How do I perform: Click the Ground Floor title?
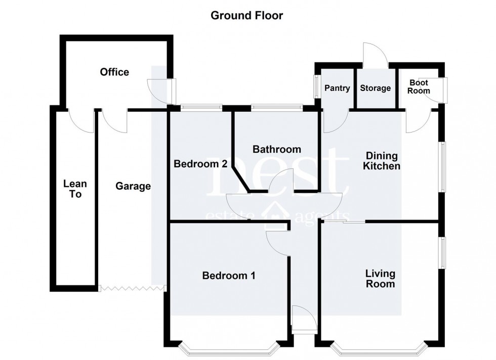[x=246, y=16]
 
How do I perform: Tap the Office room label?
[x=114, y=72]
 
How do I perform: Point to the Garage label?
[x=133, y=186]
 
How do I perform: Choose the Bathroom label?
[x=276, y=149]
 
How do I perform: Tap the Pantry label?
[x=337, y=88]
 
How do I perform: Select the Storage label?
[x=375, y=88]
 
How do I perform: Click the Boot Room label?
[x=419, y=86]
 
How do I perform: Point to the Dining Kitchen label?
[x=382, y=161]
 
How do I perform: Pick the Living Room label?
[x=381, y=279]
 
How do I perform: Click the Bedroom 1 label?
[x=228, y=276]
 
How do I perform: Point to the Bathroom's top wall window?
[x=276, y=107]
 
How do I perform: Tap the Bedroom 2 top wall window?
[x=201, y=107]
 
